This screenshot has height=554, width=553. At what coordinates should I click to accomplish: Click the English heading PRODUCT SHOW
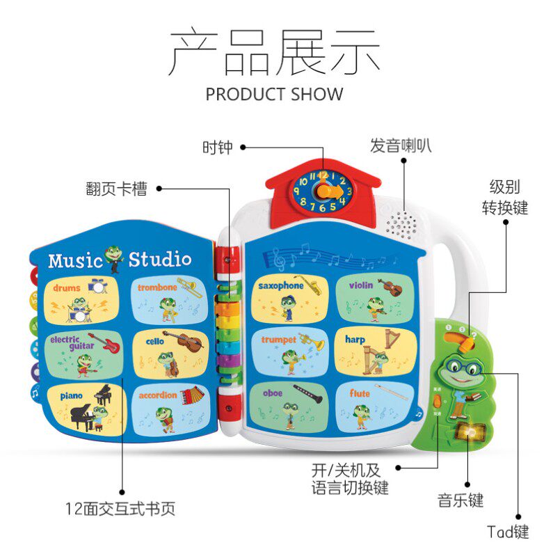point(274,93)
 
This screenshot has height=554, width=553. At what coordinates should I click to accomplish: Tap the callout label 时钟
point(217,148)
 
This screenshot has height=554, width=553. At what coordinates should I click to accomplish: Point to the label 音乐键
point(460,500)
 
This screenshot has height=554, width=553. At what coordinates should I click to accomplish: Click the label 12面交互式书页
point(120,509)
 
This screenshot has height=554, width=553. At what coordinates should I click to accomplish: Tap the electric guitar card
point(83,353)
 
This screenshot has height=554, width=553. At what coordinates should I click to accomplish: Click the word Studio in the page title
point(159,260)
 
